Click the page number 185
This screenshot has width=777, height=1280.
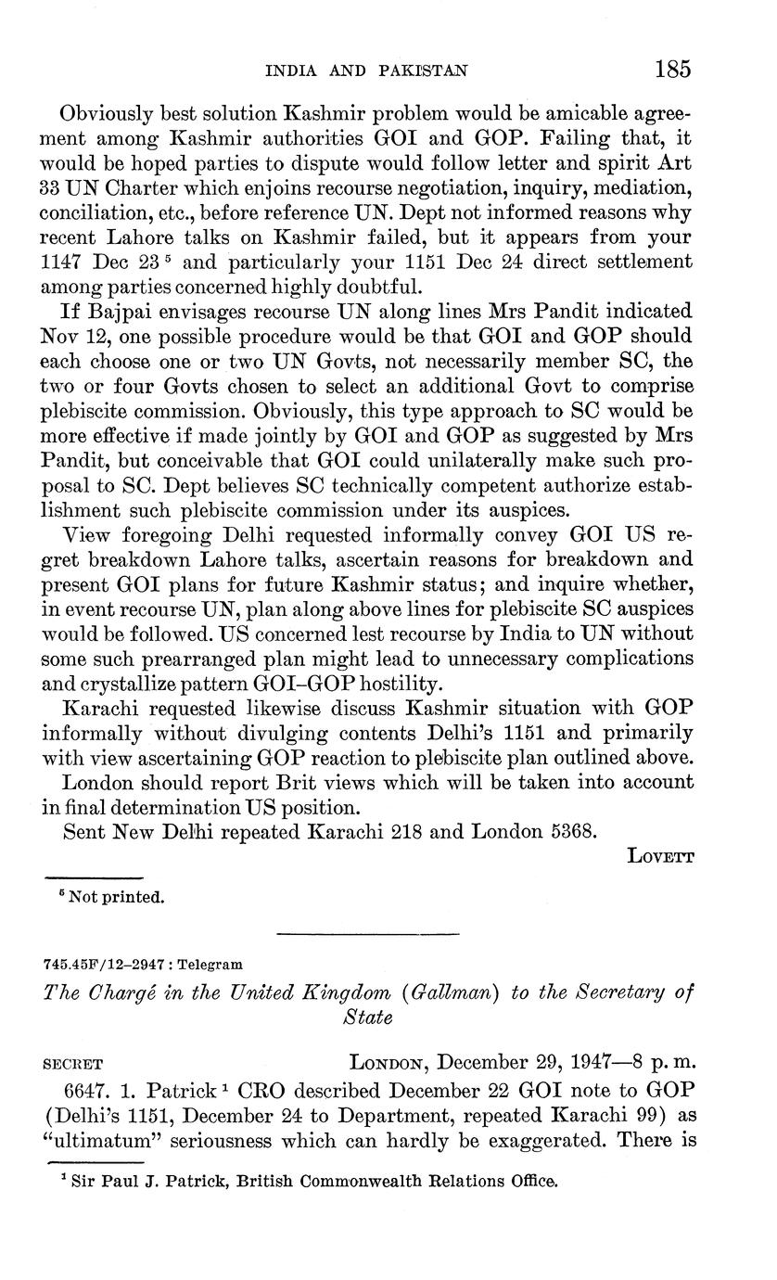(x=673, y=69)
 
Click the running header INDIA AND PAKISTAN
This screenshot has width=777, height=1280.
(x=366, y=70)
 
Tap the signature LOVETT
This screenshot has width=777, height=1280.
(x=660, y=857)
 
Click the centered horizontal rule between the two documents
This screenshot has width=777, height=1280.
(x=368, y=932)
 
